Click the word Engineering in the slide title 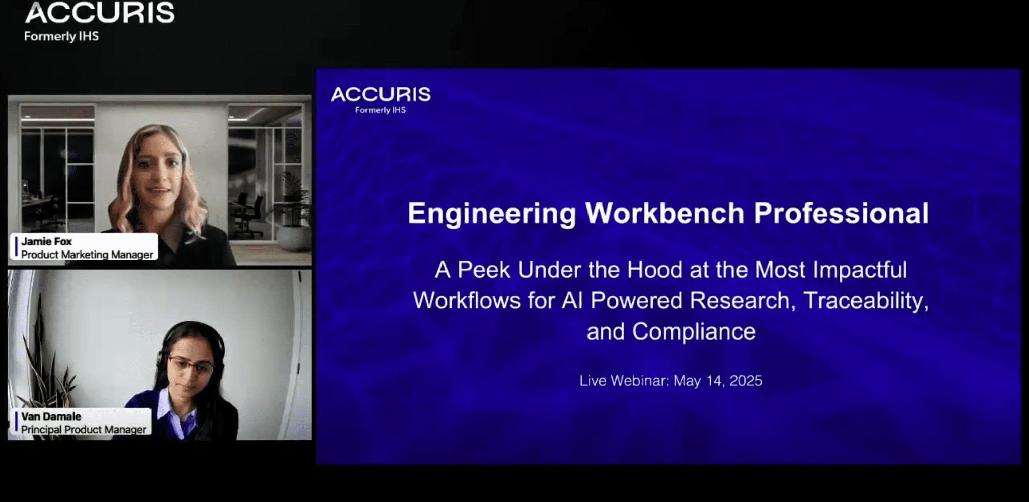491,213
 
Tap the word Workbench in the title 665,213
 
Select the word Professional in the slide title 841,213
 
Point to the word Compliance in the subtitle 694,332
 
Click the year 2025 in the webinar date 746,381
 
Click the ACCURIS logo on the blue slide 381,95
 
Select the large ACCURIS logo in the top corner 99,13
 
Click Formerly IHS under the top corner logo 61,36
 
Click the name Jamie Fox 46,241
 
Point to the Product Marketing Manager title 87,255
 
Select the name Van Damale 51,416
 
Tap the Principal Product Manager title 84,430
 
